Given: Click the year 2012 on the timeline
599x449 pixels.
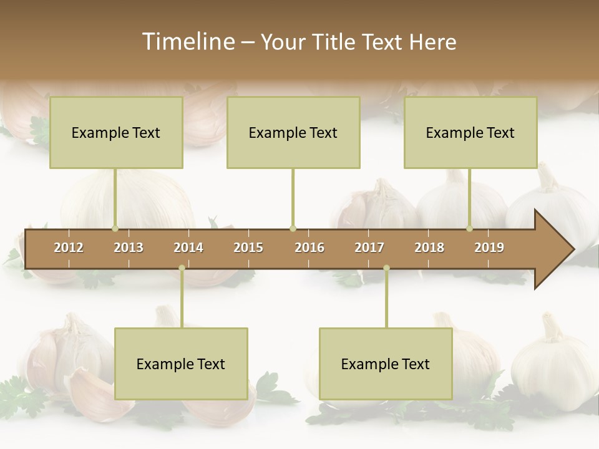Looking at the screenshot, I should pyautogui.click(x=69, y=248).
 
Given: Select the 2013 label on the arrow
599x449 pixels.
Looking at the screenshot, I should pyautogui.click(x=129, y=248).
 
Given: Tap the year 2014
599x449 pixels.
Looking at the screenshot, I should pyautogui.click(x=188, y=248).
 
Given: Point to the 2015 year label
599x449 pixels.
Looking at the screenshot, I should pyautogui.click(x=248, y=248).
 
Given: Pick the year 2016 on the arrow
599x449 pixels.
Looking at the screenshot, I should pyautogui.click(x=309, y=248).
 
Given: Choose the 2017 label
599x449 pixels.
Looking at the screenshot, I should pyautogui.click(x=369, y=248).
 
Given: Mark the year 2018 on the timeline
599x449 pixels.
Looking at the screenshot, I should pyautogui.click(x=429, y=248).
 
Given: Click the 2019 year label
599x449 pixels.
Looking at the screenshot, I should pyautogui.click(x=489, y=248).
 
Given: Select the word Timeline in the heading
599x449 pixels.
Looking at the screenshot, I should pyautogui.click(x=187, y=42).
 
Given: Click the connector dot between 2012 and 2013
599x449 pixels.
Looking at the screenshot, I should pyautogui.click(x=115, y=228).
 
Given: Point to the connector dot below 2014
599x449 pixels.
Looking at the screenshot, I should pyautogui.click(x=182, y=268).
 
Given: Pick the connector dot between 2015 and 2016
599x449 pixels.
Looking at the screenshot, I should pyautogui.click(x=293, y=228).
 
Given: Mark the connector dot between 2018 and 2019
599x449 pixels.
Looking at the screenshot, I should pyautogui.click(x=470, y=228).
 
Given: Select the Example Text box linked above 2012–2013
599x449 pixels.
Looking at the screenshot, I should pyautogui.click(x=116, y=132).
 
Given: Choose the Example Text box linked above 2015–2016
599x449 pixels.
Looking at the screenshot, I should pyautogui.click(x=293, y=132).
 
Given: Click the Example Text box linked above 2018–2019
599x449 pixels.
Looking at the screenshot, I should pyautogui.click(x=470, y=132).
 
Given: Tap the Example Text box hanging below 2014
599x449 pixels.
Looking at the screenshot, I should pyautogui.click(x=181, y=364).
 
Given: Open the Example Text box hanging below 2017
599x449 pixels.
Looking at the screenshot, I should pyautogui.click(x=386, y=364).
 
